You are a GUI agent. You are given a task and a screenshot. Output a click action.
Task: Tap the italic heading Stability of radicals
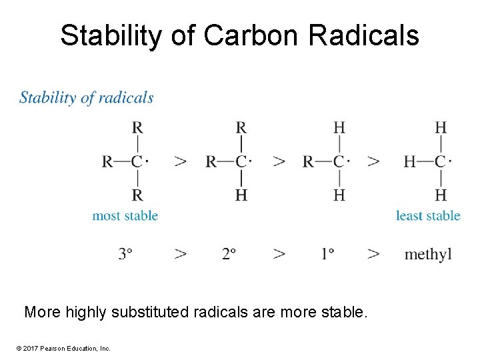click(x=87, y=98)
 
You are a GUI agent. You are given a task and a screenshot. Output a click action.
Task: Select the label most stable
click(x=125, y=215)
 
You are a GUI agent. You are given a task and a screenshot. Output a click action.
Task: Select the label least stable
click(x=428, y=215)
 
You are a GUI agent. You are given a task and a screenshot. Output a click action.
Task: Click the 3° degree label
click(x=125, y=254)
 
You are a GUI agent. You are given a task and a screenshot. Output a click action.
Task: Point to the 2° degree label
click(x=229, y=254)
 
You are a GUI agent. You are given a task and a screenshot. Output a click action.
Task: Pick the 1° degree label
click(x=327, y=254)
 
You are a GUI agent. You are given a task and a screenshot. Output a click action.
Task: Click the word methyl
click(x=428, y=254)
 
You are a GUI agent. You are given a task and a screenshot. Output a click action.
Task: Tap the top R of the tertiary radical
click(x=137, y=127)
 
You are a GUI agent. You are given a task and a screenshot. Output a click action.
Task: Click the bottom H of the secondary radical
click(x=241, y=195)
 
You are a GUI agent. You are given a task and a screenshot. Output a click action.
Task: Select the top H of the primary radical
click(x=339, y=127)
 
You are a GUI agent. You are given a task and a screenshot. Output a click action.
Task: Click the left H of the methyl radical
click(x=410, y=161)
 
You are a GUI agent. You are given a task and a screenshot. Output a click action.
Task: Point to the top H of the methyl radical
click(x=441, y=127)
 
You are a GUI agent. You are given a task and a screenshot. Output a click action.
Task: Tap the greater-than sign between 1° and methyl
click(x=373, y=254)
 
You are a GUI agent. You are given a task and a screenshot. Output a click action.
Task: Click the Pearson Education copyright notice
click(x=59, y=348)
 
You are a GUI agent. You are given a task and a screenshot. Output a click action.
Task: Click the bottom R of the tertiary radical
click(x=137, y=195)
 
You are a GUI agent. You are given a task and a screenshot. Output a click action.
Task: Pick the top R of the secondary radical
click(x=241, y=127)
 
